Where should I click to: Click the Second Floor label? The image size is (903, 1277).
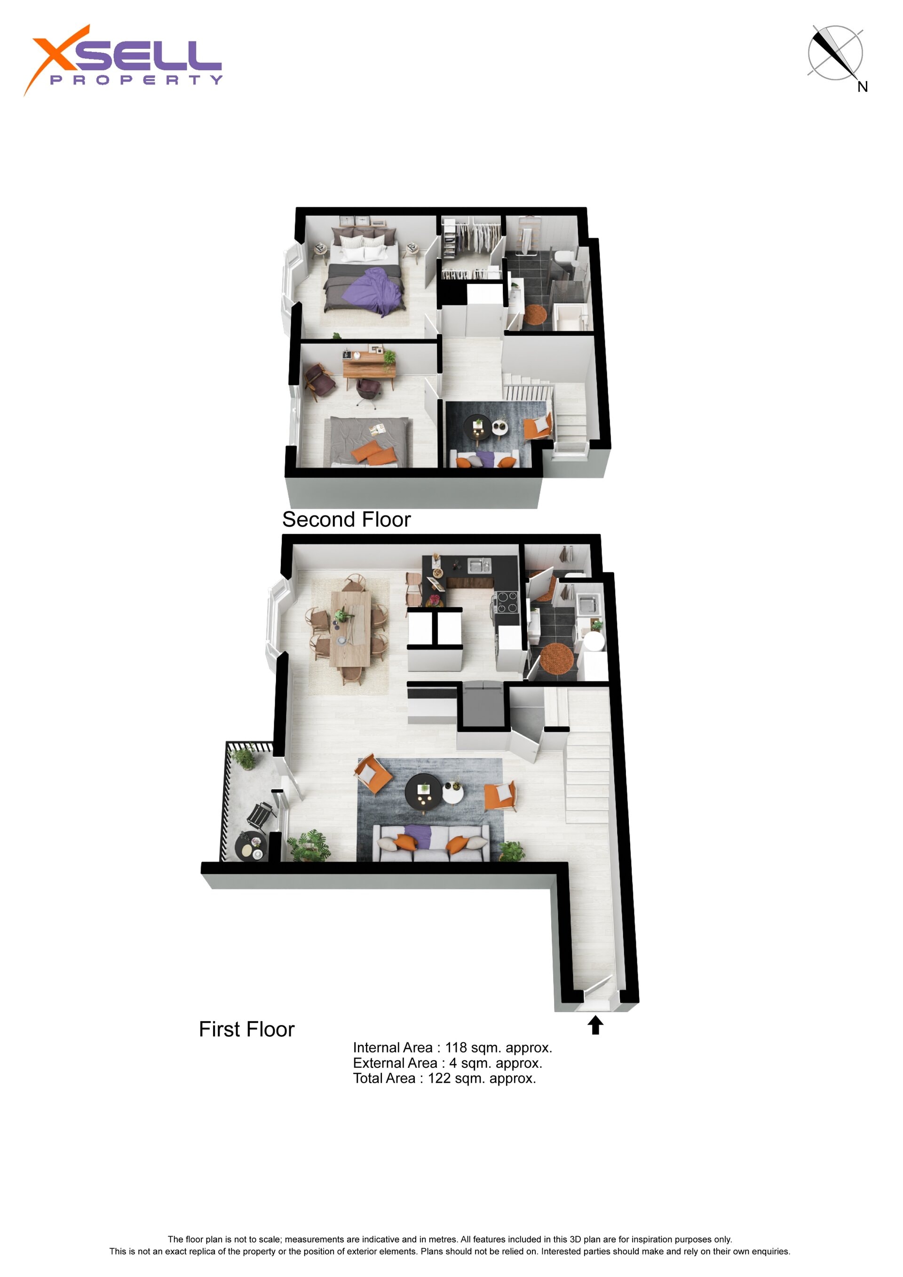346,520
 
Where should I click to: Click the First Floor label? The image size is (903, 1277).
246,1030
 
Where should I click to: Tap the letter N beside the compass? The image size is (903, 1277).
863,87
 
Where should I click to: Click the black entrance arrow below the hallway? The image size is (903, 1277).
595,1025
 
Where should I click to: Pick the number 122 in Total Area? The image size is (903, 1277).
439,1079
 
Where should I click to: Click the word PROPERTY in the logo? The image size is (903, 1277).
136,80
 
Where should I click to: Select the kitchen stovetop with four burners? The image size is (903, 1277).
507,602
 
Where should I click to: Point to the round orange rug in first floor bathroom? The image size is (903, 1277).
557,657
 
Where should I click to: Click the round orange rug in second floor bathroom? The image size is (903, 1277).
535,314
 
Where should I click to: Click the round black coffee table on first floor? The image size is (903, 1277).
424,790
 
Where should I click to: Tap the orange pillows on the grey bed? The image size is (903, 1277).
374,452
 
